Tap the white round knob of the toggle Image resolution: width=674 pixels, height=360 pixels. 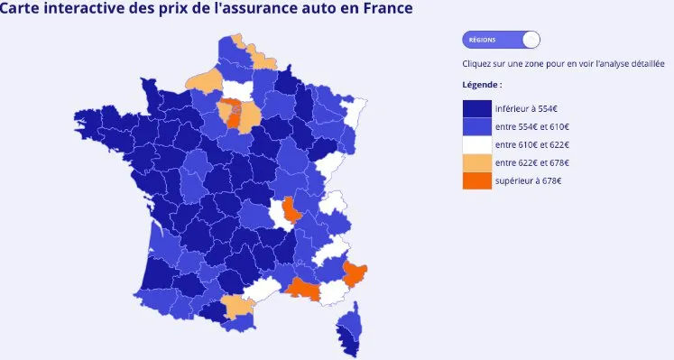(x=531, y=40)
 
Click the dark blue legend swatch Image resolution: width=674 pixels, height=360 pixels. (x=476, y=107)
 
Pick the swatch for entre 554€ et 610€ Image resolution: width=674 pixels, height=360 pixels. (x=476, y=125)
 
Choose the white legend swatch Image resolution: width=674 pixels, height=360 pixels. (x=476, y=144)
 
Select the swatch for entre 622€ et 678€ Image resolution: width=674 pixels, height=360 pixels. (x=476, y=162)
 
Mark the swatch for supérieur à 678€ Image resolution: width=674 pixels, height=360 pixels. (x=476, y=181)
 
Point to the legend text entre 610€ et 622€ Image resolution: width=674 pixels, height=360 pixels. (x=532, y=144)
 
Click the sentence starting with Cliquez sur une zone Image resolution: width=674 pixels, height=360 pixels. (x=563, y=64)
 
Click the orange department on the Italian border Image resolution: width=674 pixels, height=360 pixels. (x=355, y=272)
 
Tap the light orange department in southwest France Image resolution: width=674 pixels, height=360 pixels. (x=238, y=307)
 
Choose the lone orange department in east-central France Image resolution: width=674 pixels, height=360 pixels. (x=291, y=210)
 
